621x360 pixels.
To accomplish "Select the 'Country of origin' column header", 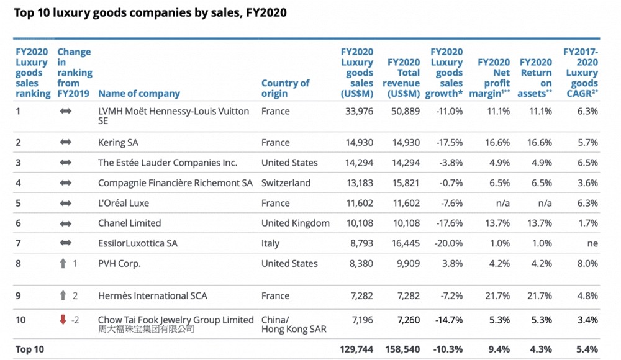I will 285,88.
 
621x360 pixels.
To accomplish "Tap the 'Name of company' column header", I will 139,94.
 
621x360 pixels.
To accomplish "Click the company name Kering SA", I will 118,143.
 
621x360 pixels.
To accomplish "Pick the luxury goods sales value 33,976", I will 360,112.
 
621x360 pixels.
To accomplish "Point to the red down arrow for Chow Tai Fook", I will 63,320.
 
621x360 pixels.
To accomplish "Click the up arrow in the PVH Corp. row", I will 63,263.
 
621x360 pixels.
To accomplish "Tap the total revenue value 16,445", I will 404,243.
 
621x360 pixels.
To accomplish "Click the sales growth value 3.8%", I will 451,263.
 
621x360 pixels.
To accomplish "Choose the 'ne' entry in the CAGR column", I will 592,243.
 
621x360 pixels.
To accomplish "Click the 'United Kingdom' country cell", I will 296,223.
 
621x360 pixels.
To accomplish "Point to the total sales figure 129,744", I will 357,349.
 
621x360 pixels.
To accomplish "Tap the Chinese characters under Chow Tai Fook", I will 146,329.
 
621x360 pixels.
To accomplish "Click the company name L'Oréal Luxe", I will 124,203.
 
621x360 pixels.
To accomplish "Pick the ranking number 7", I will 19,243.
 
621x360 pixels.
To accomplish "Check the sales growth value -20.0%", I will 449,243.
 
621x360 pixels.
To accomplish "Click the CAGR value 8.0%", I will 587,263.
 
